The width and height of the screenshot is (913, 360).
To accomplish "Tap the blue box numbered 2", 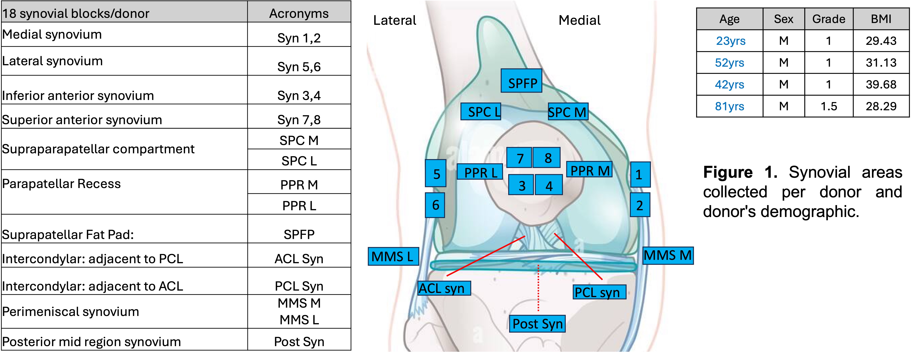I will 640,205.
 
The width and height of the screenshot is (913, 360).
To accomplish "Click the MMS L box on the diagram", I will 393,256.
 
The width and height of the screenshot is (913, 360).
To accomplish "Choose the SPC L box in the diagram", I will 481,112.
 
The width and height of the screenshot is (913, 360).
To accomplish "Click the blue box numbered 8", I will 547,158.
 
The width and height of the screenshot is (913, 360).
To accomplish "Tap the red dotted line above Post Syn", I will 538,287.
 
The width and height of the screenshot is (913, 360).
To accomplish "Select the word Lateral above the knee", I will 394,20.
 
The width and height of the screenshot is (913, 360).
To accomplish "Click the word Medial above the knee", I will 579,20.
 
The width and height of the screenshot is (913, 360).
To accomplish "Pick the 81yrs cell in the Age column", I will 729,106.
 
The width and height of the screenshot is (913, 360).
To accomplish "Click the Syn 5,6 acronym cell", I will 299,67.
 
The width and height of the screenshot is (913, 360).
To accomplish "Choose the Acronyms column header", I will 299,13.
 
